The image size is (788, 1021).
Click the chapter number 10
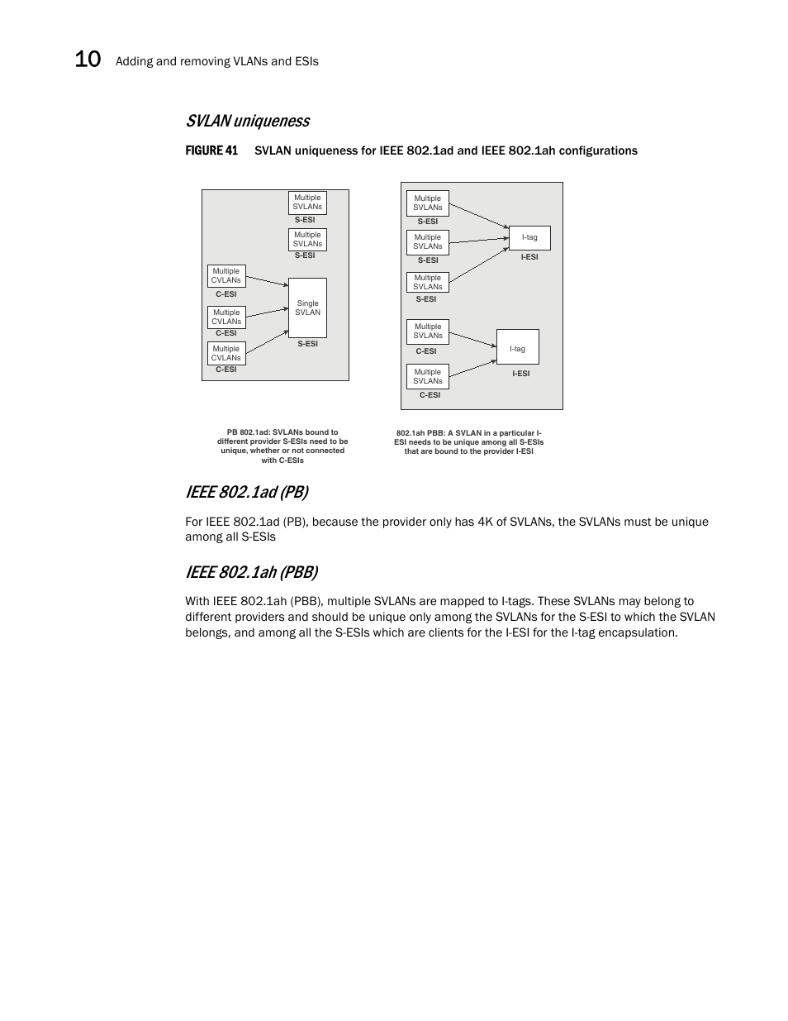tap(88, 60)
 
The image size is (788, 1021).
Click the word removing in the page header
tap(202, 61)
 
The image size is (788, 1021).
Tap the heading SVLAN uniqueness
tap(248, 121)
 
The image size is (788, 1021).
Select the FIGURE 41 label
tap(211, 150)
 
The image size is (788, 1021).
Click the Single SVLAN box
tap(307, 308)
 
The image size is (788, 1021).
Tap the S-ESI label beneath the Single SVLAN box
tap(307, 344)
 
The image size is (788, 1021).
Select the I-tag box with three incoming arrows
tap(529, 238)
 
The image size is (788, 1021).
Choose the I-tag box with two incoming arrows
tap(517, 347)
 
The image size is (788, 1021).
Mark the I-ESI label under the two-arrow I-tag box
tap(520, 374)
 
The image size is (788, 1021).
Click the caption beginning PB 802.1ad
tap(282, 446)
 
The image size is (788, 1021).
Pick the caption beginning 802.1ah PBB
tap(468, 442)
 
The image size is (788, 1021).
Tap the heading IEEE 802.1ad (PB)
tap(246, 492)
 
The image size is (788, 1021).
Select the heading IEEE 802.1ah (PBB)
tap(251, 572)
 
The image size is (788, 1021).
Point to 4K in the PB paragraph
tap(485, 522)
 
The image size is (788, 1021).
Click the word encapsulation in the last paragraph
tap(638, 632)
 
